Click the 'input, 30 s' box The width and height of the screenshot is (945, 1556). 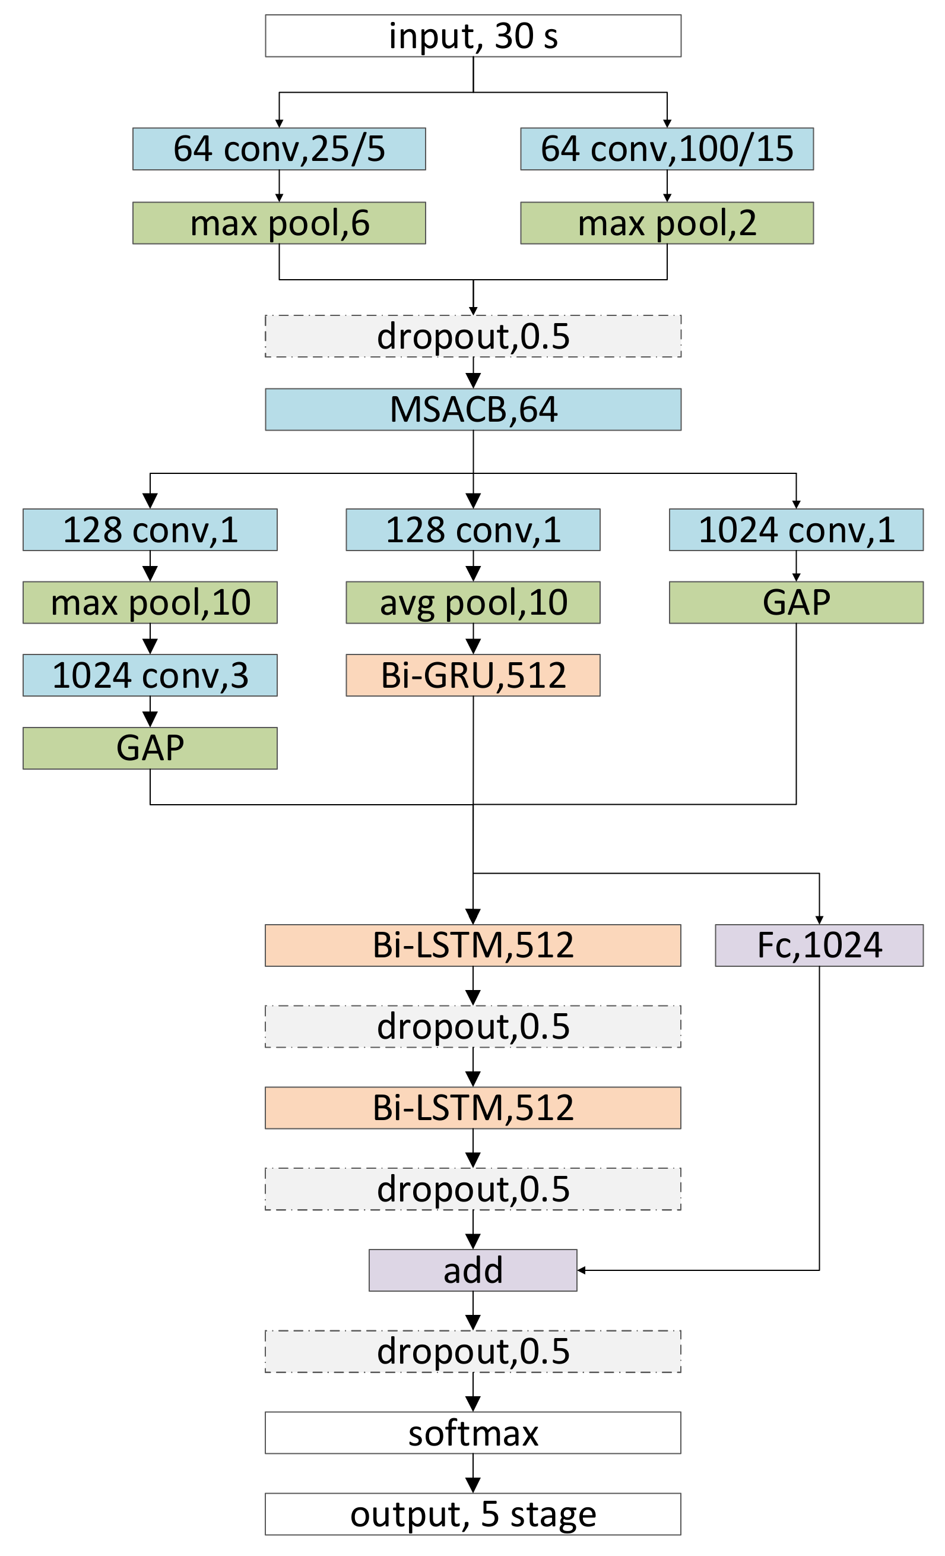pos(473,36)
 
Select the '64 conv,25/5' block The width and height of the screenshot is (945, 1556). pos(279,149)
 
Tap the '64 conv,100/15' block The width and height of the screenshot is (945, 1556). pos(667,149)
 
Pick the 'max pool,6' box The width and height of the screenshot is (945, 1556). pos(279,223)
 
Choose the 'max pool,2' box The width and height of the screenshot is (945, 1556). pos(667,223)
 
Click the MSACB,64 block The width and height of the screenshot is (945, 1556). pos(473,409)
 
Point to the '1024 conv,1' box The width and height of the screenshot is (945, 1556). pos(796,529)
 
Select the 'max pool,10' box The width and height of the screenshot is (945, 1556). pos(150,602)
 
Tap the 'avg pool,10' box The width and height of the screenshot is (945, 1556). pos(473,602)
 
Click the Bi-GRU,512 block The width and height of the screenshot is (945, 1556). pos(473,675)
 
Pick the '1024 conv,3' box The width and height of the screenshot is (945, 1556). pos(150,675)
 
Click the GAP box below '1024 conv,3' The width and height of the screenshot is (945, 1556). pos(150,748)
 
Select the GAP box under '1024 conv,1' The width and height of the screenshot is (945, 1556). pos(796,602)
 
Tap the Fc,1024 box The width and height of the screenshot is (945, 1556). pos(819,945)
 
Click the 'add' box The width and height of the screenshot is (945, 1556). pos(473,1270)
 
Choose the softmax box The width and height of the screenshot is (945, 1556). pos(473,1433)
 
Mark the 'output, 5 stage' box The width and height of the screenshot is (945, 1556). pos(473,1514)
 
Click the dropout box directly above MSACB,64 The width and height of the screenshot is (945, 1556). pos(473,336)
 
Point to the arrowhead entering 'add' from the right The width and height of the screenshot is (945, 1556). pos(581,1270)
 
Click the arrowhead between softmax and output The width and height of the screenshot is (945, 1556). pos(473,1485)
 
